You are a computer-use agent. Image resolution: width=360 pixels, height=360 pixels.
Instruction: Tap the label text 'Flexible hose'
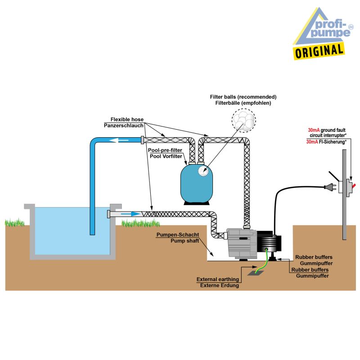pos(127,119)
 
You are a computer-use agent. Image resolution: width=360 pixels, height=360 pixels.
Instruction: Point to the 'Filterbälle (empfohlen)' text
pos(243,103)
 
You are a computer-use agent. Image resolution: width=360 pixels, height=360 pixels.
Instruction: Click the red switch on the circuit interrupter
pos(356,185)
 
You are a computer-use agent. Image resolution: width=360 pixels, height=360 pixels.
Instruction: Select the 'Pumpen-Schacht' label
pos(177,235)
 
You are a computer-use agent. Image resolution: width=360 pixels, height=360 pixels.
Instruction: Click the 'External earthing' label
pos(217,279)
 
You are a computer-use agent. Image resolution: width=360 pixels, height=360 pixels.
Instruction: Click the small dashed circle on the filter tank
pos(205,171)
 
